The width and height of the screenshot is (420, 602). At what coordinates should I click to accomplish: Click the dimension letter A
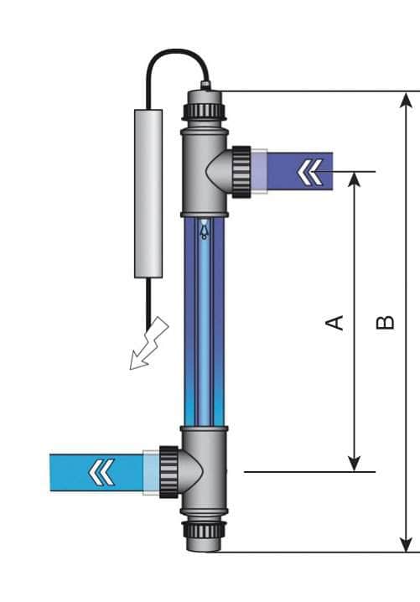[335, 322]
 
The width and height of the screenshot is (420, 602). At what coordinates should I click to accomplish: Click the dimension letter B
[385, 322]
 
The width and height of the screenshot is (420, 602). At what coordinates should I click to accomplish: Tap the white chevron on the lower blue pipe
[101, 472]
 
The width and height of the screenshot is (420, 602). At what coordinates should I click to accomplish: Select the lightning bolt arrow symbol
[148, 345]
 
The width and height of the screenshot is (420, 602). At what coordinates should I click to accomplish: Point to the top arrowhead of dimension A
[355, 179]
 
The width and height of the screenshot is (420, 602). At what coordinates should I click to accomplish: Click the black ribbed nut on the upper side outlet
[241, 172]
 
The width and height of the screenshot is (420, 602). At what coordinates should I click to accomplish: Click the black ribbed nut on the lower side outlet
[166, 473]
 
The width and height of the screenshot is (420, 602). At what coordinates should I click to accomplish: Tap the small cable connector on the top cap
[205, 85]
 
